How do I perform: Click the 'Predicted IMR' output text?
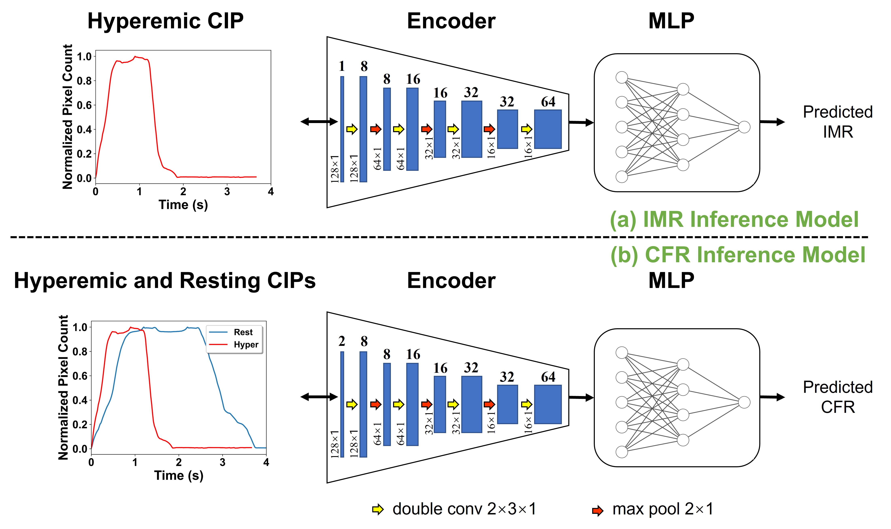click(838, 122)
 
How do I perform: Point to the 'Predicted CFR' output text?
click(838, 397)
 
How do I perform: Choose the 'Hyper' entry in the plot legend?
click(246, 344)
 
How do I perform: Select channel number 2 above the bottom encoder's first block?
click(342, 341)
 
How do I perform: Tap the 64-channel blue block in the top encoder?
click(547, 129)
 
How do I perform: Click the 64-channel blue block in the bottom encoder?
click(547, 404)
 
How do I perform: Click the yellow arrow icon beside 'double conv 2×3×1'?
click(378, 509)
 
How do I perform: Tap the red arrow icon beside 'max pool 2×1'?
click(597, 510)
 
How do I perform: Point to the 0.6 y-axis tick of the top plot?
click(84, 105)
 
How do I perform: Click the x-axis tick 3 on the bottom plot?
click(222, 462)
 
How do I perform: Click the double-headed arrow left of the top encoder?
click(319, 122)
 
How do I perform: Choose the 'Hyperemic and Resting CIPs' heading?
click(165, 280)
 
